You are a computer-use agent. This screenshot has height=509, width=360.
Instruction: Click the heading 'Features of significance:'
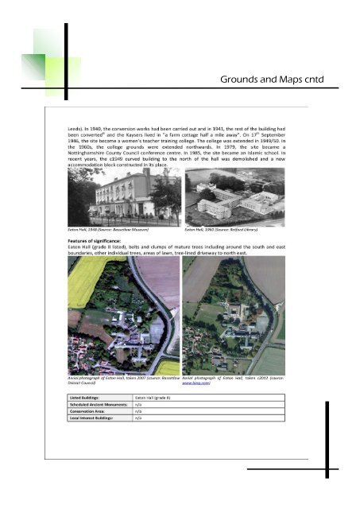(99, 239)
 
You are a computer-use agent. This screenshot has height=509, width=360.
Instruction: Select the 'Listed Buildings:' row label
(85, 396)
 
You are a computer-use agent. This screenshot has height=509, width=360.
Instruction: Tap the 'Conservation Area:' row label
(87, 410)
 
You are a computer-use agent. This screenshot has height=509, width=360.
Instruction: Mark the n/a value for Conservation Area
(139, 410)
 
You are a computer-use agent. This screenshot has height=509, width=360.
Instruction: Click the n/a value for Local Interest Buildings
(139, 418)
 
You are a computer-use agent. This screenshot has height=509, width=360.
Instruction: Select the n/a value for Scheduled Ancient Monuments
(139, 403)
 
